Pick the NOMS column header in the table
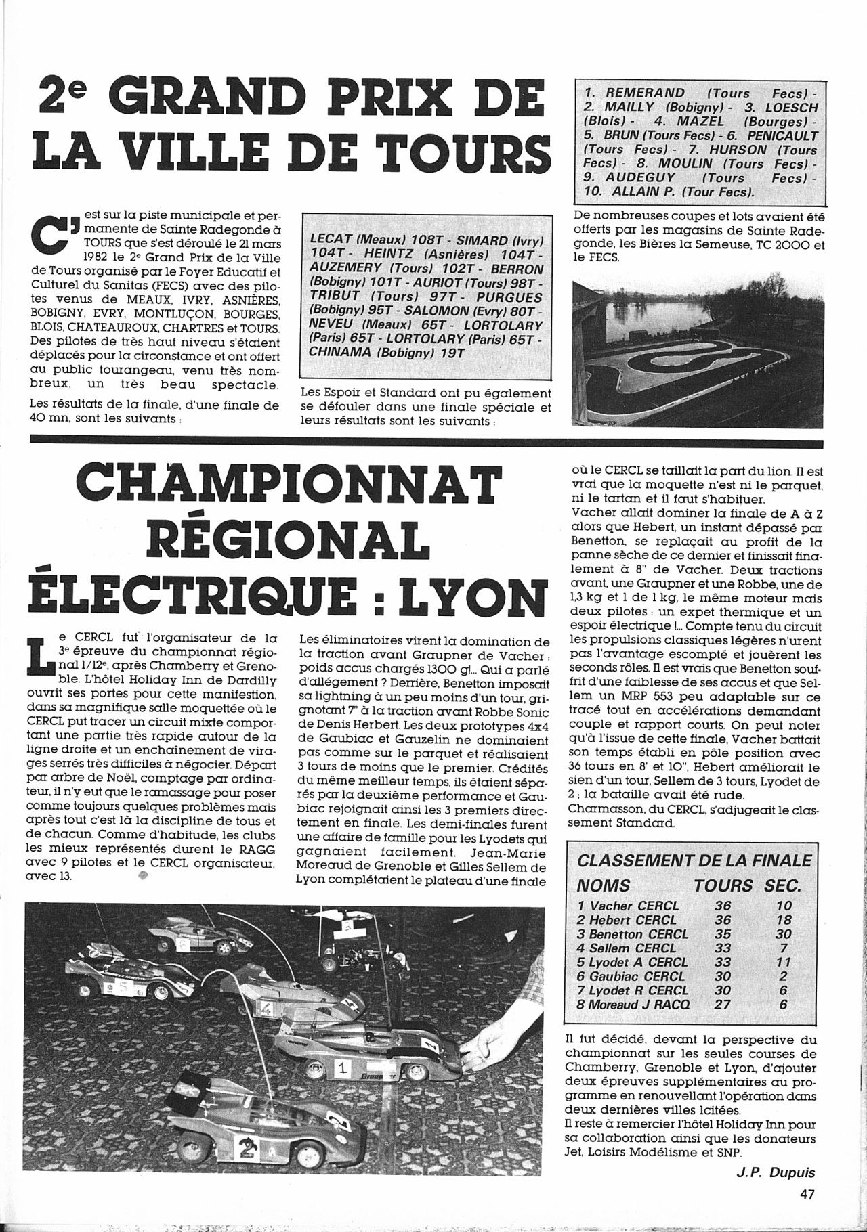coord(603,885)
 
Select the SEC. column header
coord(782,885)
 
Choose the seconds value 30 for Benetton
coord(782,934)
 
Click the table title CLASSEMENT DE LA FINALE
coord(694,860)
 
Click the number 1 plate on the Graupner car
coord(343,1069)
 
